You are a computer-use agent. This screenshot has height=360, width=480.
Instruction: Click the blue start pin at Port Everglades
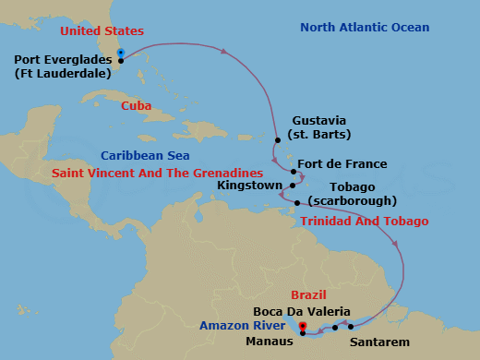121,53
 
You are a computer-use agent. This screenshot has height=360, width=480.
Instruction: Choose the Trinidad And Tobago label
365,222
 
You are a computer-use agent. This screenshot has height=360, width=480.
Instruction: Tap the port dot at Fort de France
293,173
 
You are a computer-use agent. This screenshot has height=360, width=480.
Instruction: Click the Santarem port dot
351,326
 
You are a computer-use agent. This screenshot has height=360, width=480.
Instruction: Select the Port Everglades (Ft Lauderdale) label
62,68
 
